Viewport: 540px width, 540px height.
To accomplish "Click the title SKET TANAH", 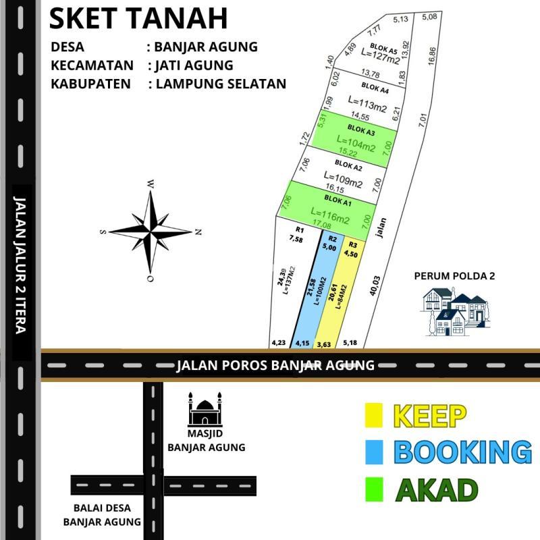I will coord(138,19).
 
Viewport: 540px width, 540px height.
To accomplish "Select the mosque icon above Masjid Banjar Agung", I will coord(205,408).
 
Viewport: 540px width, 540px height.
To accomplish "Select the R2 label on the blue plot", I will coord(332,239).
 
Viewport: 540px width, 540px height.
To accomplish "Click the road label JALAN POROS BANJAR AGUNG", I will coord(275,365).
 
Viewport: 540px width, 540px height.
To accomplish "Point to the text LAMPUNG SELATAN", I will coord(221,84).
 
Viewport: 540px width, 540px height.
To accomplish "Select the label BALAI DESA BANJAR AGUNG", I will coord(102,514).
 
